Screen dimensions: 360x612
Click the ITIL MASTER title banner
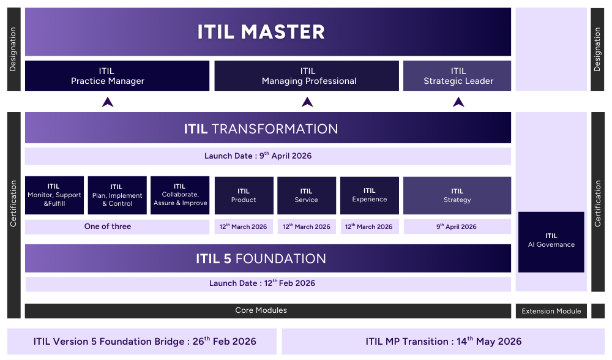coord(267,32)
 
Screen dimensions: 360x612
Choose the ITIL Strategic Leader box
coord(457,76)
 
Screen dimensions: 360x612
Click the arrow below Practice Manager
coord(108,102)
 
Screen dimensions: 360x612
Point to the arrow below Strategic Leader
coord(458,102)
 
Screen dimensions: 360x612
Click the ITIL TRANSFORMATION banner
coord(267,129)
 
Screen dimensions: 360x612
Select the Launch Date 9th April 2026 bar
coord(267,156)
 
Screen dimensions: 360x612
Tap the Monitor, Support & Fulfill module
coord(54,195)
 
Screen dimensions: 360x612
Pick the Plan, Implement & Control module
coord(117,195)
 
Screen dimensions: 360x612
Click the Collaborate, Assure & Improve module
coord(180,195)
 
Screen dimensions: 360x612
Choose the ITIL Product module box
coord(244,195)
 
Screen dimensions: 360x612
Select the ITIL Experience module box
coord(369,195)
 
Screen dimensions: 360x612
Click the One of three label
coord(108,227)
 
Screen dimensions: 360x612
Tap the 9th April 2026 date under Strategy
coord(457,227)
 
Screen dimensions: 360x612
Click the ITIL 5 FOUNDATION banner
coord(267,258)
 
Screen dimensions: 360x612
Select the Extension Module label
coord(551,311)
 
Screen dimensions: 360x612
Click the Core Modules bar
coord(267,310)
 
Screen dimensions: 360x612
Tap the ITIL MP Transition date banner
coord(443,342)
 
